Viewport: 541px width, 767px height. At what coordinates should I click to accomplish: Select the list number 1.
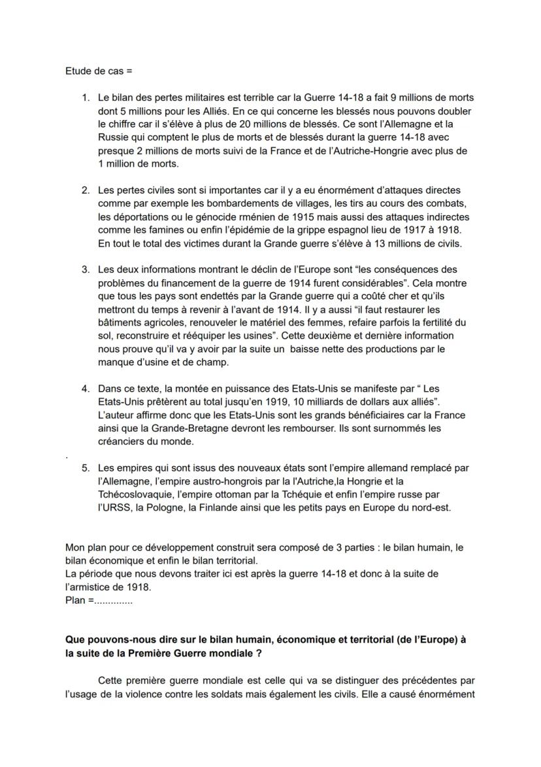point(85,97)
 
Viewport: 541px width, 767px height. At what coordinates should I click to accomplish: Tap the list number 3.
point(85,269)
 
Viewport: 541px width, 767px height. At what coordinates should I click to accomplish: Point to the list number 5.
point(85,468)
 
